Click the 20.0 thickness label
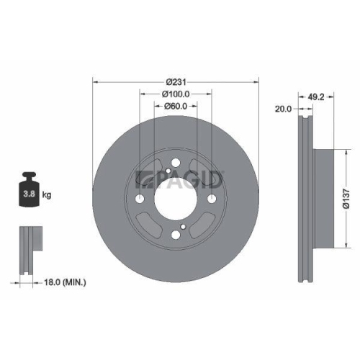pyautogui.click(x=284, y=109)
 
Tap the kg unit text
pyautogui.click(x=46, y=195)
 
